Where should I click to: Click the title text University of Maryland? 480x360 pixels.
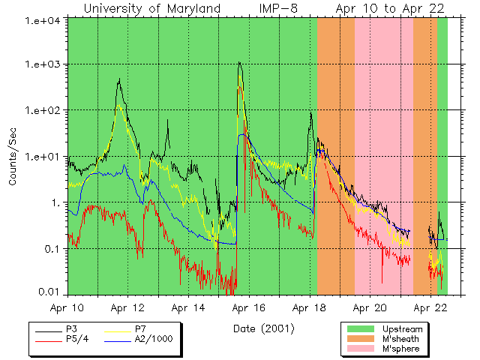(151, 8)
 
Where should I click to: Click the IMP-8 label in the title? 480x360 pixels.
(279, 8)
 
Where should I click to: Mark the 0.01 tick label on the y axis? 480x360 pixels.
(52, 291)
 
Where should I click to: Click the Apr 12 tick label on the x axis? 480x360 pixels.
(127, 307)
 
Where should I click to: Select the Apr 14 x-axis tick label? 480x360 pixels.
(188, 307)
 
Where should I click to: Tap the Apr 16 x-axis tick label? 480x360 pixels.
(249, 307)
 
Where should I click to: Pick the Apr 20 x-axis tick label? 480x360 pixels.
(370, 307)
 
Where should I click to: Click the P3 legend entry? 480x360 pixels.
(70, 329)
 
